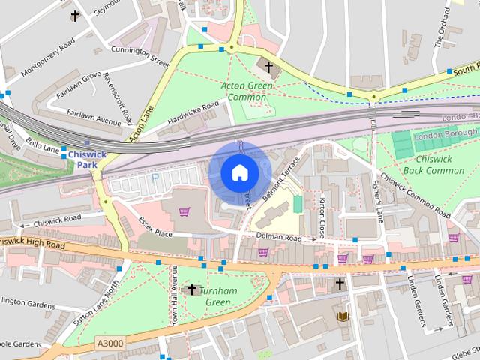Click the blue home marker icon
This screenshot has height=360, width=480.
click(x=239, y=173)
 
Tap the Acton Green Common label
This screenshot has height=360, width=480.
click(x=247, y=91)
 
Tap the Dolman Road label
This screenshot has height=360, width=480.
click(x=278, y=238)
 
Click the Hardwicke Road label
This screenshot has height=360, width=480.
click(x=193, y=113)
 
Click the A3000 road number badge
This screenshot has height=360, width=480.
click(x=109, y=343)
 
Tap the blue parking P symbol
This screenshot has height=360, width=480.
click(x=155, y=178)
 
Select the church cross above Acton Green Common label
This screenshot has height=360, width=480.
click(x=268, y=67)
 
